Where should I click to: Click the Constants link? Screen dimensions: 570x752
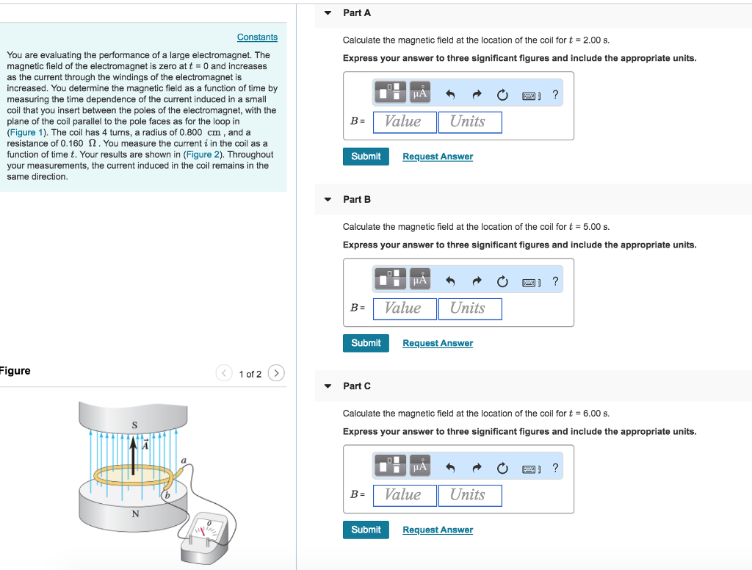[257, 37]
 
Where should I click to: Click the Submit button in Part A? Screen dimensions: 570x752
[366, 156]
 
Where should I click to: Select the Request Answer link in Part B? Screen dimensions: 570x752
[438, 343]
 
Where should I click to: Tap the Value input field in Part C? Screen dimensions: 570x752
[404, 495]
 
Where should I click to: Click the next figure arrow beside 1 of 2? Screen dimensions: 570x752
[276, 374]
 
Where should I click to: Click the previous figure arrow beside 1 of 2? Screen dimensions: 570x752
[224, 374]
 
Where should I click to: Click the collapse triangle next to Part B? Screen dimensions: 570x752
[328, 200]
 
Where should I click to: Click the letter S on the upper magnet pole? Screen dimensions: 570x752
[134, 424]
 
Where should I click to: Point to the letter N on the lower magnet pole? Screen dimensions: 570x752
[134, 513]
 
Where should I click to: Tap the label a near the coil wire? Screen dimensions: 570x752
[184, 460]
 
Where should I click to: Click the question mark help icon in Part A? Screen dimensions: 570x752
[555, 95]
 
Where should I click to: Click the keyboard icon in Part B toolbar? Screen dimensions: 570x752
[531, 281]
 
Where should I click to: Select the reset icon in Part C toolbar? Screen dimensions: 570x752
[502, 468]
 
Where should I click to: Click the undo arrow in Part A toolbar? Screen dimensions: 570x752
[451, 95]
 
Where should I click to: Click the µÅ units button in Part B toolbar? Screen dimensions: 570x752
[420, 281]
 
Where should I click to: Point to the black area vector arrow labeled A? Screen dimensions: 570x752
[134, 456]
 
